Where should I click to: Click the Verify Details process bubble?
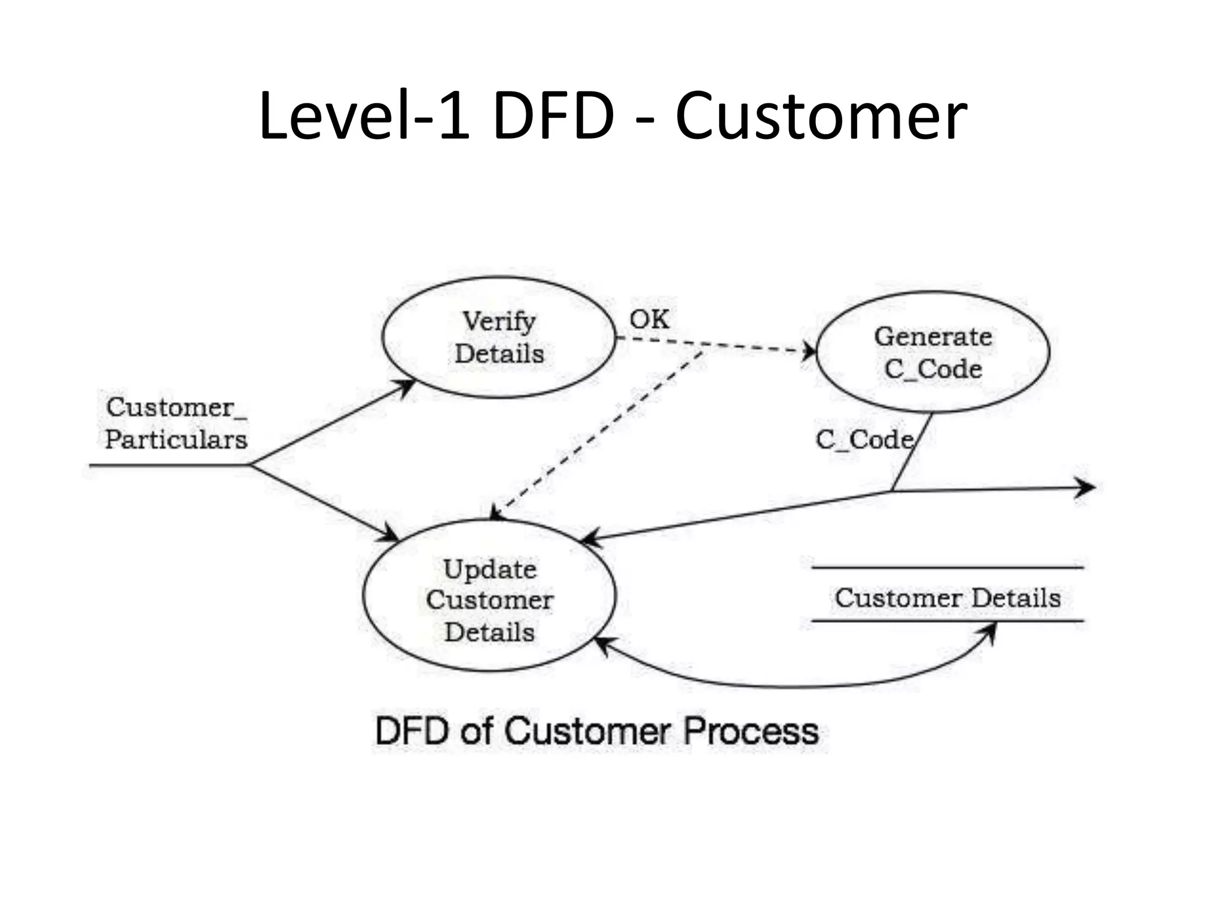coord(498,337)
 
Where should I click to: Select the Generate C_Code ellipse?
coord(933,352)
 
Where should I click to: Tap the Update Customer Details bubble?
coord(489,595)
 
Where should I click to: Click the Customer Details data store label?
coord(947,598)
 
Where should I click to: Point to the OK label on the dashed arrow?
coord(649,319)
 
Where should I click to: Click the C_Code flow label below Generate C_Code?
coord(864,440)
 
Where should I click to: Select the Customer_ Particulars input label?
coord(176,423)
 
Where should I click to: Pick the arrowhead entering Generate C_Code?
coord(810,351)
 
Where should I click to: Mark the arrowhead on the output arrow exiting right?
coord(1086,488)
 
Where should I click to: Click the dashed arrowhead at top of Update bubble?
coord(495,513)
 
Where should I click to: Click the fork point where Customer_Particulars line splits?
coord(250,464)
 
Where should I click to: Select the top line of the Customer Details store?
coord(947,567)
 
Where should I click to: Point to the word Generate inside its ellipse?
coord(933,336)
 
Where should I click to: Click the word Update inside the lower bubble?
coord(490,569)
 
